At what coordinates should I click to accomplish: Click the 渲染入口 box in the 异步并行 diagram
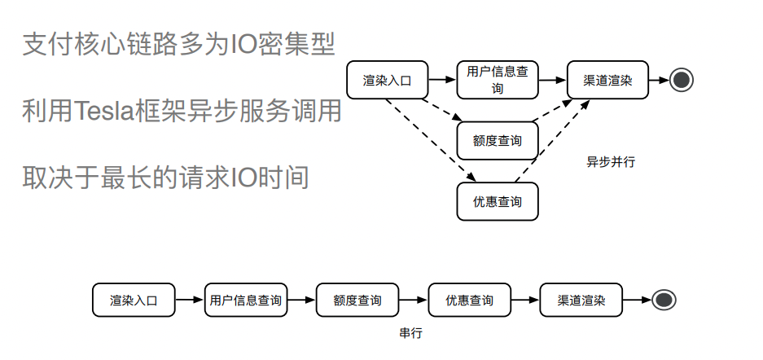click(388, 80)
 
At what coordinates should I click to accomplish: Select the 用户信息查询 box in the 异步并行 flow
click(498, 80)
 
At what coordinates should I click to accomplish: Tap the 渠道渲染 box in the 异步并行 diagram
click(607, 80)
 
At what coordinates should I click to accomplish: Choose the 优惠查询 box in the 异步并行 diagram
click(498, 201)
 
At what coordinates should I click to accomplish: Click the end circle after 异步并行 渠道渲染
click(682, 80)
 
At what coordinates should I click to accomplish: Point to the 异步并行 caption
click(611, 161)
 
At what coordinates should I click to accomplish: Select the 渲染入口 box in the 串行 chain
click(134, 300)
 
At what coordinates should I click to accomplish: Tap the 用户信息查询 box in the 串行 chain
click(245, 300)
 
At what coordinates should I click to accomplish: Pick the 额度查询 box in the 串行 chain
click(357, 300)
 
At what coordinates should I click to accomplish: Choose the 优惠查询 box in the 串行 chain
click(469, 300)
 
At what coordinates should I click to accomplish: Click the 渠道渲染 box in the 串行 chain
click(581, 300)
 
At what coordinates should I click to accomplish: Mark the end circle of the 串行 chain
click(664, 300)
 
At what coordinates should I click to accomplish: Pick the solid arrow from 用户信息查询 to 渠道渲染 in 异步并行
click(552, 80)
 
